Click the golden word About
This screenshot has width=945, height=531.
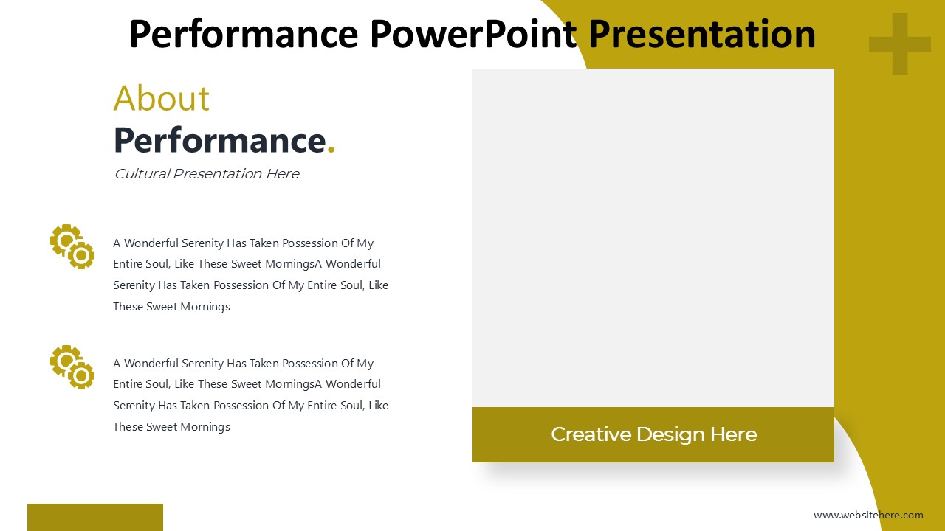coord(162,98)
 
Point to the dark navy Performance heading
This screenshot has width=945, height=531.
coord(219,140)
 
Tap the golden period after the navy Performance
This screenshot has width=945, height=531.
coord(331,150)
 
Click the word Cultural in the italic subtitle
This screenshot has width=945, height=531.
coord(141,174)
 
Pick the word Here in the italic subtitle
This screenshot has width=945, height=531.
coord(282,174)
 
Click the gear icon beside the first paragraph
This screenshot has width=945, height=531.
coord(72,246)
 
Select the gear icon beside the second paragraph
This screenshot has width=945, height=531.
coord(72,367)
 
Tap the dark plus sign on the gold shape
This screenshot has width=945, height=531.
coord(899,44)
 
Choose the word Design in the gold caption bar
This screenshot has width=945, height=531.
coord(668,434)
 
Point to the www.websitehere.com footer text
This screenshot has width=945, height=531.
coord(868,515)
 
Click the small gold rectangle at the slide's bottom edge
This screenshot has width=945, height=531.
coord(95,517)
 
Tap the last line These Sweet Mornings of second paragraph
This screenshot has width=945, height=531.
coord(171,427)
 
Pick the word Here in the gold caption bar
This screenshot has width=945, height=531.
coord(733,434)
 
